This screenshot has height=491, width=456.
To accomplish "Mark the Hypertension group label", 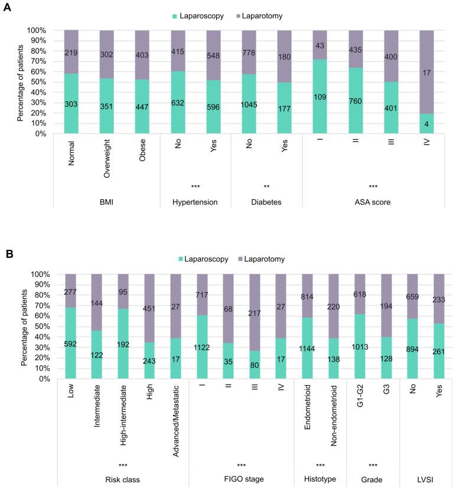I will (x=194, y=201).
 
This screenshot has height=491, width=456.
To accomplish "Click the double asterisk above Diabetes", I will (x=267, y=187).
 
